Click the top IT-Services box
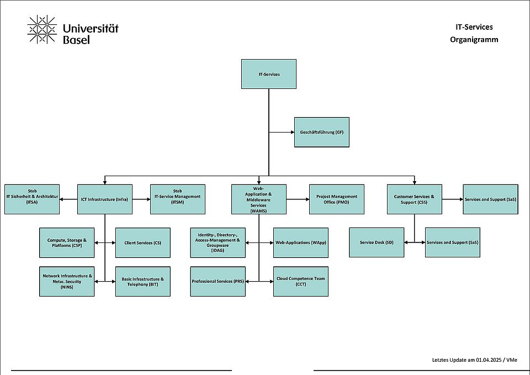pyautogui.click(x=269, y=74)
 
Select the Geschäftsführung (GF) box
pyautogui.click(x=322, y=132)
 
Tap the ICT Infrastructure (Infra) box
pyautogui.click(x=105, y=199)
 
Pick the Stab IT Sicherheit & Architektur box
pyautogui.click(x=32, y=199)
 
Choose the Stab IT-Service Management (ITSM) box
pyautogui.click(x=177, y=199)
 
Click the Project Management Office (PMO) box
pyautogui.click(x=337, y=199)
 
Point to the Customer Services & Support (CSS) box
pyautogui.click(x=414, y=199)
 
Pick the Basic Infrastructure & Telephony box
pyautogui.click(x=143, y=281)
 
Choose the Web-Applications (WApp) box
pyautogui.click(x=301, y=242)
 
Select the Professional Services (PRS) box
pyautogui.click(x=218, y=281)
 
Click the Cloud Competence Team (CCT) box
pyautogui.click(x=301, y=281)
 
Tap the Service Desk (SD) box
pyautogui.click(x=377, y=242)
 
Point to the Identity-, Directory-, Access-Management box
pyautogui.click(x=218, y=242)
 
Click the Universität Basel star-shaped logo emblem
pyautogui.click(x=42, y=29)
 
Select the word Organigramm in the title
pyautogui.click(x=474, y=39)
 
